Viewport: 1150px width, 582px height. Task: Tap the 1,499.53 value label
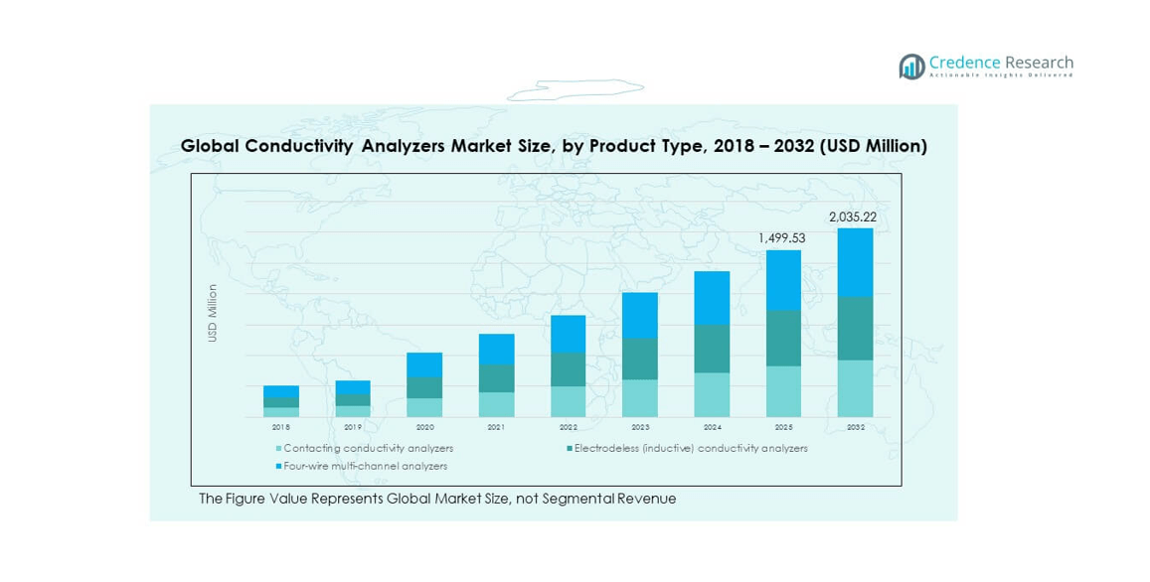[x=783, y=238]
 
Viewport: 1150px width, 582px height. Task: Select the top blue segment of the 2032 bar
[x=855, y=262]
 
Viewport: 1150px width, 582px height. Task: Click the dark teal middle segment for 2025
[x=783, y=338]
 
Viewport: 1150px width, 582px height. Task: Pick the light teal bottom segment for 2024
[x=712, y=394]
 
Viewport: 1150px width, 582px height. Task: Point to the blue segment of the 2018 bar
[x=281, y=391]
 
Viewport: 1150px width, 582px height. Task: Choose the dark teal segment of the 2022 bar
[x=569, y=369]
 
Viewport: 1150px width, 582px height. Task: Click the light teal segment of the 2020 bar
[x=424, y=407]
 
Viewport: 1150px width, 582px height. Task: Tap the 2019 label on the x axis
[x=353, y=427]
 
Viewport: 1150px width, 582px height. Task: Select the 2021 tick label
[x=496, y=427]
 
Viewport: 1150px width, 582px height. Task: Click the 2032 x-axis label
[x=855, y=427]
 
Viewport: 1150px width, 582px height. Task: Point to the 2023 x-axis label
[x=640, y=427]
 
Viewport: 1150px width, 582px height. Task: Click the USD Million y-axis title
[x=212, y=314]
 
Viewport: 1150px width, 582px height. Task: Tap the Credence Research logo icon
[x=911, y=67]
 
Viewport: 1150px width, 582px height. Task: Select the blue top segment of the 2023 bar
[x=640, y=315]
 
